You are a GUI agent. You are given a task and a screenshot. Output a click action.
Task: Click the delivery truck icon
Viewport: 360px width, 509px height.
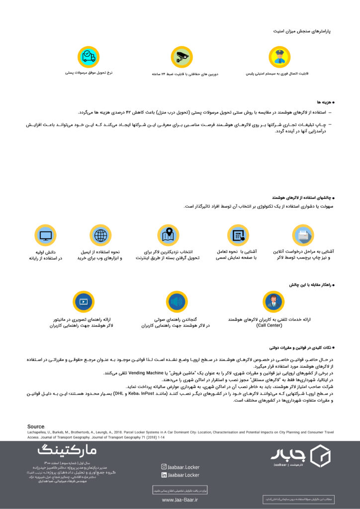pos(89,57)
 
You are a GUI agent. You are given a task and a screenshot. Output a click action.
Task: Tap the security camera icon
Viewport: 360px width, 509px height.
pos(181,57)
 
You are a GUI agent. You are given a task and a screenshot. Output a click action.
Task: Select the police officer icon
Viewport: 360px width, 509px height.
pos(279,57)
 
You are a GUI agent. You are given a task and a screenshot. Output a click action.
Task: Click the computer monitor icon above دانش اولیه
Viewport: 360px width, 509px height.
pos(45,235)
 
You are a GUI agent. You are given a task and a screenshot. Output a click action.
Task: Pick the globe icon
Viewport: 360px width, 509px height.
pos(100,235)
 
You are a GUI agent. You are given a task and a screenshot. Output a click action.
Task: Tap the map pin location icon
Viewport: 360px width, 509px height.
pos(168,235)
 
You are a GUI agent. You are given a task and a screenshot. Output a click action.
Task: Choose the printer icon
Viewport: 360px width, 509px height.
pos(303,235)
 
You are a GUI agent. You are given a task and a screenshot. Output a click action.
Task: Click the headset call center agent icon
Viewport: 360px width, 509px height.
pos(273,302)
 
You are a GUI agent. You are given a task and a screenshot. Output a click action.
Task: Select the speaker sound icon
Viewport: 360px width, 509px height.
pos(177,302)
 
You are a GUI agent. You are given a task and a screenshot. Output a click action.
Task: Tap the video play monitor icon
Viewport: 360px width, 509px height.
pos(84,302)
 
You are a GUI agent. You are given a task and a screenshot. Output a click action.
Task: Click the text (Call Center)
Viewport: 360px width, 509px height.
pos(269,325)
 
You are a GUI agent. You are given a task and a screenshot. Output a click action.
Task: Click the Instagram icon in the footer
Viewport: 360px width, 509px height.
pos(164,467)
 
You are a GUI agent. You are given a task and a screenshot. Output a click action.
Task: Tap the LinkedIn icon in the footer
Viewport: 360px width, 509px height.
pos(164,475)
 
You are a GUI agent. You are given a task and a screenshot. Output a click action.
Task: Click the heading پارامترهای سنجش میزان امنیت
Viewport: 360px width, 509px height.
pos(302,31)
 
